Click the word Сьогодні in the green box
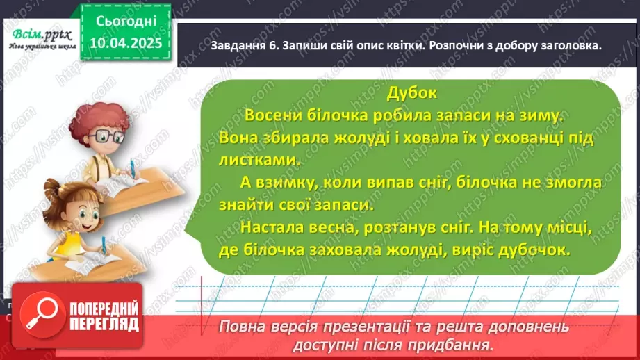tap(125, 22)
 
